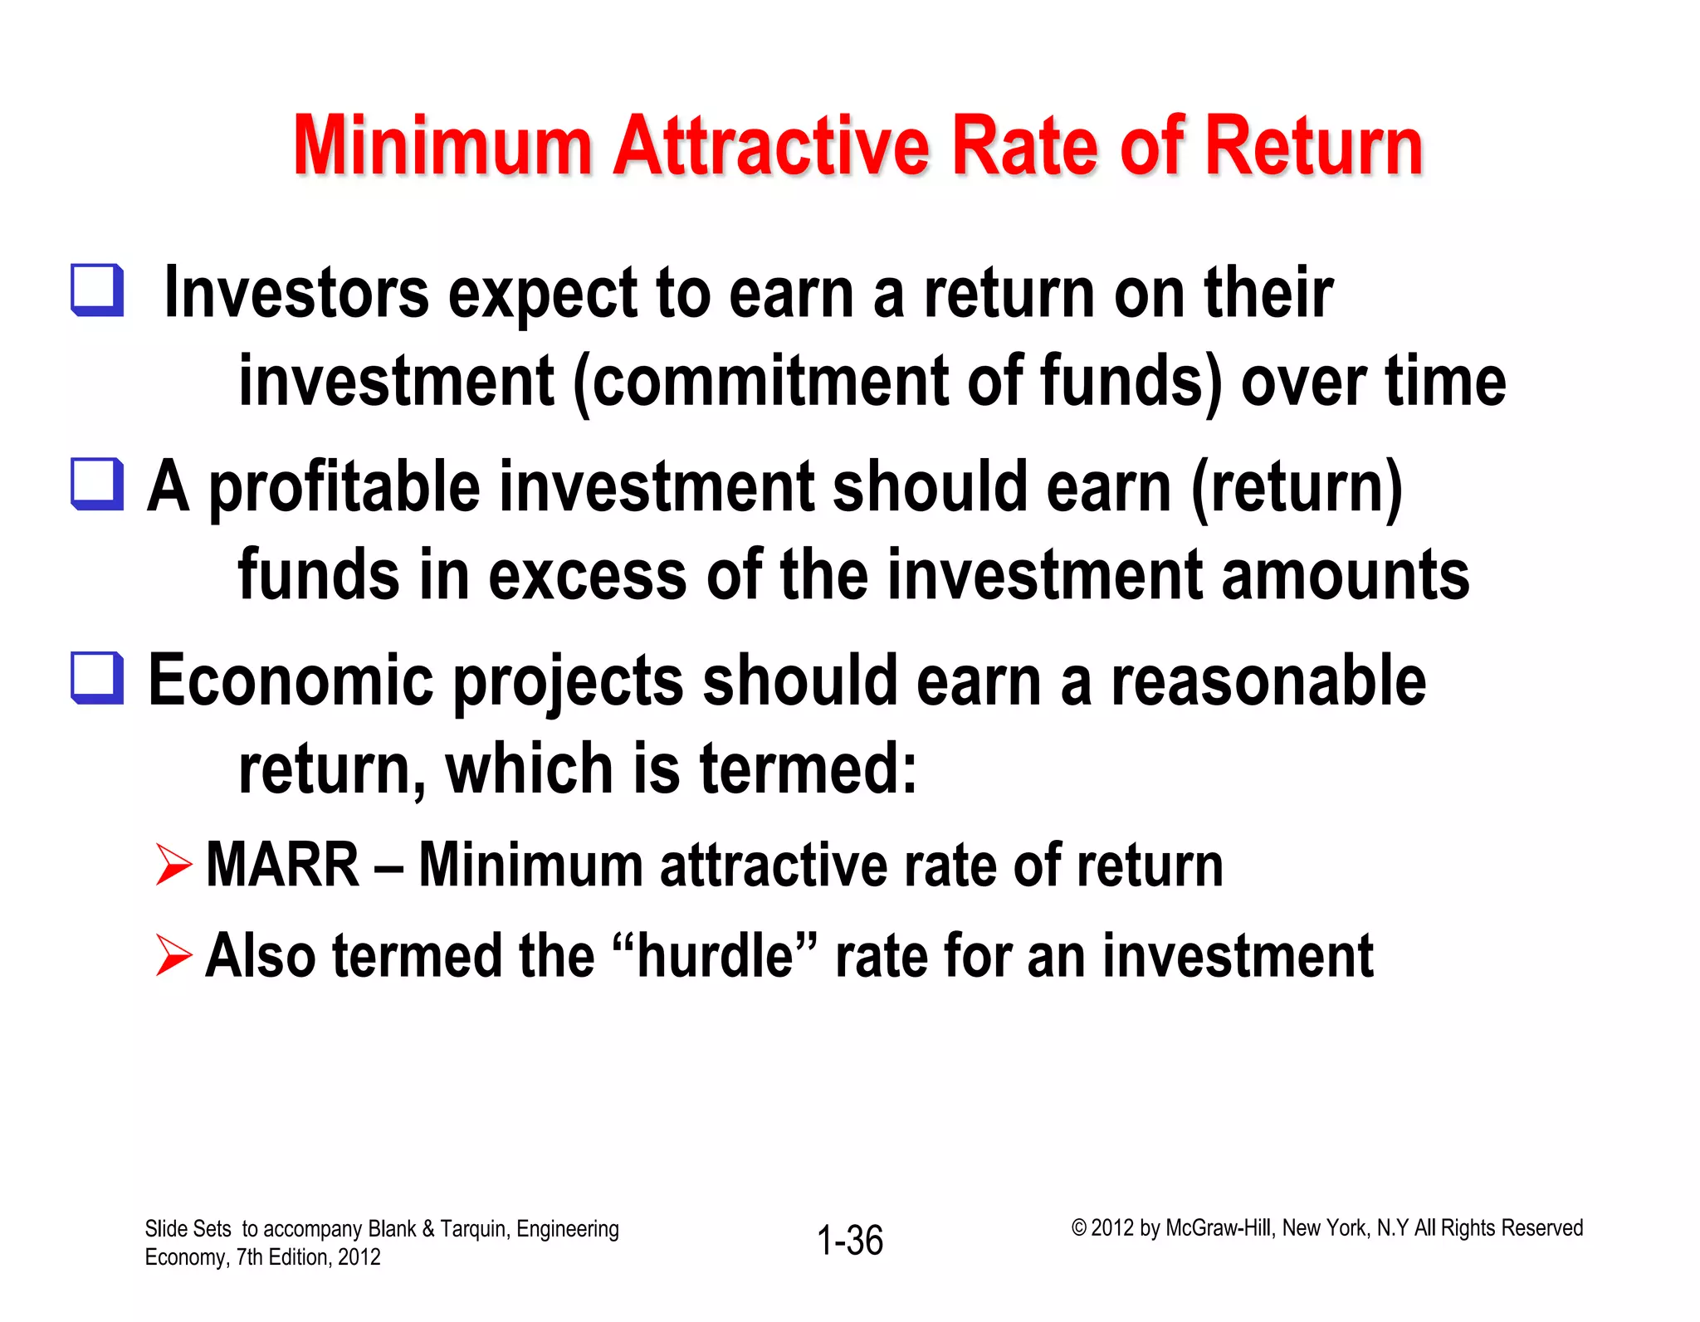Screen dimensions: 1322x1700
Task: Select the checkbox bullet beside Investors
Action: (98, 290)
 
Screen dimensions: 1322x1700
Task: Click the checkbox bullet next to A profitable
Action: (98, 485)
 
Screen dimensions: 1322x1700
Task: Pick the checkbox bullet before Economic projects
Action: (98, 679)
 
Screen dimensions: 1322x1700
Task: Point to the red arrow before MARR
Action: (173, 865)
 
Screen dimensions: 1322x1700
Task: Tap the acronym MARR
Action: (282, 865)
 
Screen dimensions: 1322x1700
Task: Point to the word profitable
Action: (344, 488)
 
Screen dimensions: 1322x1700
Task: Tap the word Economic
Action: (291, 681)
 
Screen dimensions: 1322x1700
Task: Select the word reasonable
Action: (1268, 681)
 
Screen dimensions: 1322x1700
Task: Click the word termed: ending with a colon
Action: (808, 768)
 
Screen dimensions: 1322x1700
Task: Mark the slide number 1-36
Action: (850, 1241)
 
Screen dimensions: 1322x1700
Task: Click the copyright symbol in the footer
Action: (1078, 1228)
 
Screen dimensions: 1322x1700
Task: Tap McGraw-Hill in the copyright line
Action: (1218, 1228)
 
